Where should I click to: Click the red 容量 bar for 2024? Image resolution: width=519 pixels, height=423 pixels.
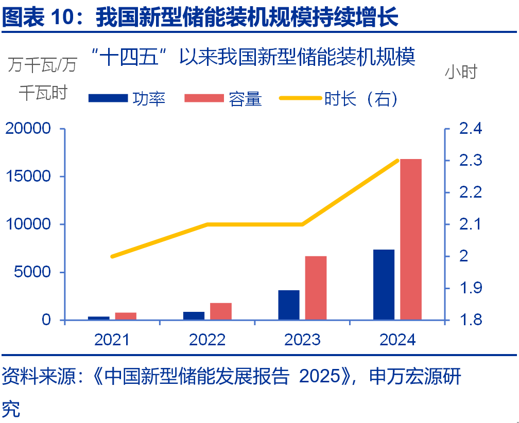coord(411,239)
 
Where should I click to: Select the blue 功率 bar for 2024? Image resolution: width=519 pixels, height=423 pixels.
coord(384,285)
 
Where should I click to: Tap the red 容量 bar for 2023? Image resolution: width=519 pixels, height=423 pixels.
coord(316,288)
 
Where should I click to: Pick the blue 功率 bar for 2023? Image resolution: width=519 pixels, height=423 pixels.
coord(289,305)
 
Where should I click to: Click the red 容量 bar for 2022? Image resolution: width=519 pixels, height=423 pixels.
coord(221,311)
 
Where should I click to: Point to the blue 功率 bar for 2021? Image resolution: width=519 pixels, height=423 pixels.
coord(99,318)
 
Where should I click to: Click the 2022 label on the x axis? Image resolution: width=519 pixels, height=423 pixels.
coord(207,340)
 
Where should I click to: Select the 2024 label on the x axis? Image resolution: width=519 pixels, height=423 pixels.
coord(397,340)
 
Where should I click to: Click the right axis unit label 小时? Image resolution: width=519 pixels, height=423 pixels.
coord(461,72)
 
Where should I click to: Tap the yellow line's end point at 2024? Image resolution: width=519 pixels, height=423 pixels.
coord(397,161)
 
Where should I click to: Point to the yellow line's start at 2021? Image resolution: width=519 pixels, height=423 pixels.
coord(112,256)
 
